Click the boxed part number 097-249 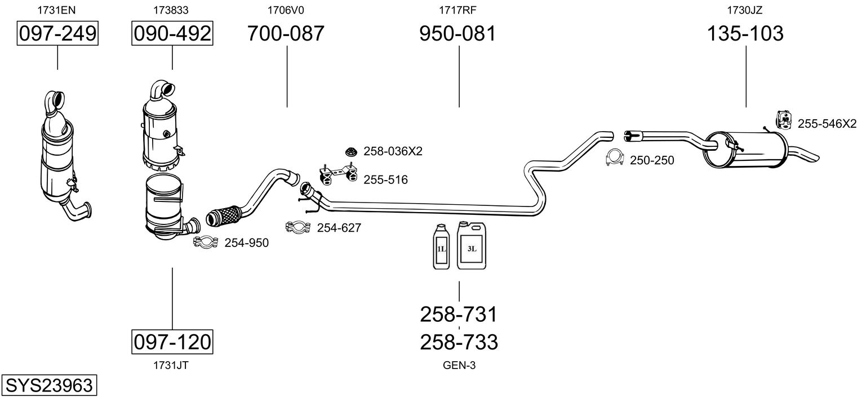pos(57,34)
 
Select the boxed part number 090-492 pos(172,34)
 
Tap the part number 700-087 pos(286,34)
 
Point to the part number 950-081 pos(458,34)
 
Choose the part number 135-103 pos(745,34)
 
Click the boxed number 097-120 pos(172,341)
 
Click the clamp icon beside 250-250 pos(614,159)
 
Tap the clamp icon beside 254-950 pos(206,242)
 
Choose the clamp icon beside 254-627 pos(298,227)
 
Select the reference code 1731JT pos(171,365)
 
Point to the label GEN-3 pos(459,366)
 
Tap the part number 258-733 pos(459,341)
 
